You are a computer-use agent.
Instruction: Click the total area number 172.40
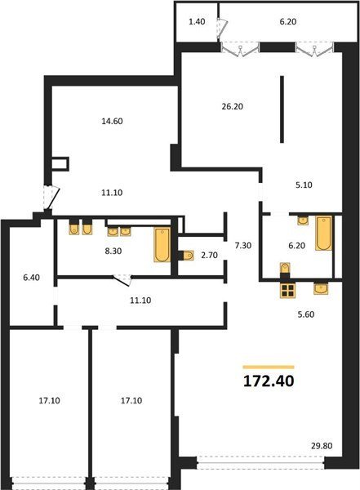click(x=269, y=381)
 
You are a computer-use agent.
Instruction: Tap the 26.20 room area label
click(x=232, y=106)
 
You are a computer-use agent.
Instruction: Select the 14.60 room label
click(x=112, y=121)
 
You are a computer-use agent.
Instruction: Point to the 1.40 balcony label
click(x=198, y=21)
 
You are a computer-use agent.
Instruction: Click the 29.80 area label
click(x=322, y=446)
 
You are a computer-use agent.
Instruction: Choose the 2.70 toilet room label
click(x=209, y=256)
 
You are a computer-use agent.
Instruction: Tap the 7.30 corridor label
click(x=243, y=246)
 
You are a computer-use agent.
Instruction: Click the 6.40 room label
click(x=32, y=277)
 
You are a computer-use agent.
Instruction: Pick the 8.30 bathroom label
click(x=113, y=251)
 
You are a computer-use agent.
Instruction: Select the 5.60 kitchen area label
click(x=306, y=314)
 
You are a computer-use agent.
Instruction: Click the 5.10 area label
click(x=304, y=185)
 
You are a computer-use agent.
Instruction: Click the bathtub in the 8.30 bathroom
click(x=162, y=245)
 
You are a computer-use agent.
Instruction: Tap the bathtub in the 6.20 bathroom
click(x=323, y=233)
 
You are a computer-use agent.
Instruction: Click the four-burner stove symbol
click(x=287, y=291)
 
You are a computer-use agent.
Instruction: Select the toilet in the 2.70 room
click(x=188, y=256)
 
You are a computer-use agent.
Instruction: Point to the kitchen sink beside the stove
click(x=322, y=288)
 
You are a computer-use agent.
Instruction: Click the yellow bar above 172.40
click(x=269, y=367)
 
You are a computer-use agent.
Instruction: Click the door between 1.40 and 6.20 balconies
click(x=222, y=27)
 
